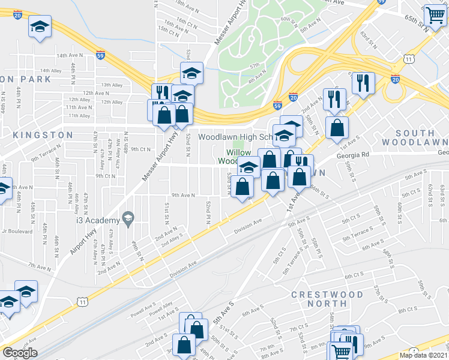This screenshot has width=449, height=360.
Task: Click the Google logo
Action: point(20,353)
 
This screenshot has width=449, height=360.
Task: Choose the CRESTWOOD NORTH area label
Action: point(328,301)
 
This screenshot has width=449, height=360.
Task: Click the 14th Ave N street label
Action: point(70,55)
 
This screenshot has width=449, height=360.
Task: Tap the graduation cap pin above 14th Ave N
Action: point(40,28)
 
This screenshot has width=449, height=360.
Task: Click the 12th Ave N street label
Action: point(97,93)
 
